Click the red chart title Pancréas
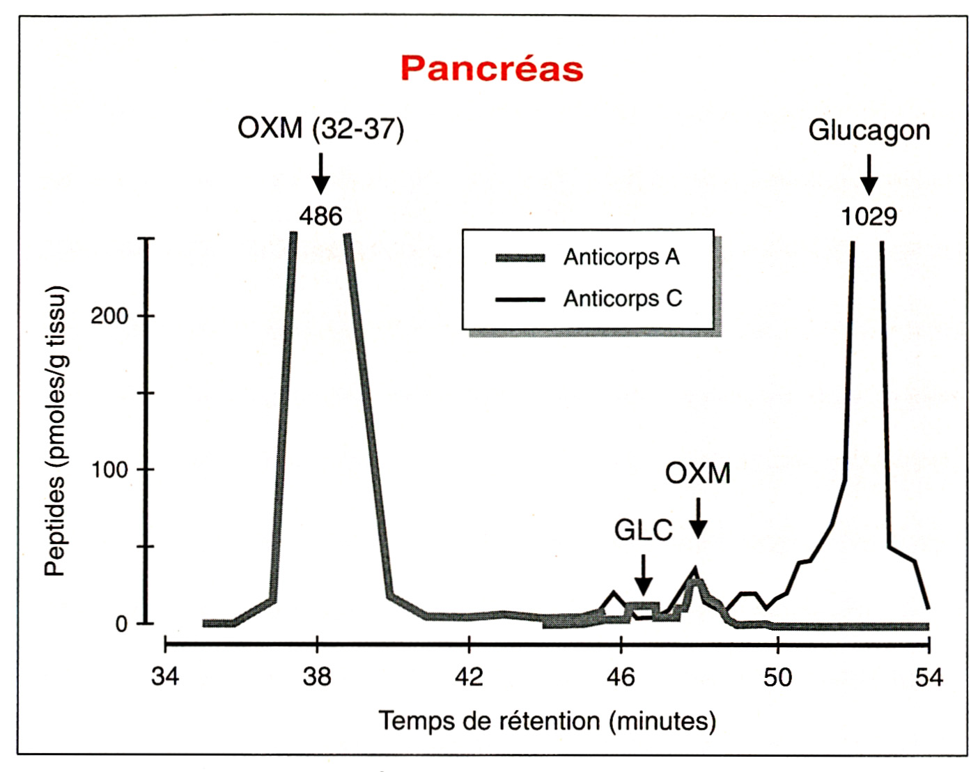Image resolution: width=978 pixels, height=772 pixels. coord(492,69)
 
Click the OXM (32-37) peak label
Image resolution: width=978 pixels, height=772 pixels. coord(320,129)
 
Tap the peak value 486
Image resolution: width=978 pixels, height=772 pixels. coord(320,216)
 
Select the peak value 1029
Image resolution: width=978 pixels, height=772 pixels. coord(869,217)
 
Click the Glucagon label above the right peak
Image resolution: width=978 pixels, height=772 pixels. coord(869,130)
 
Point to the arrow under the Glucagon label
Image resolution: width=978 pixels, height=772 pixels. coord(869,175)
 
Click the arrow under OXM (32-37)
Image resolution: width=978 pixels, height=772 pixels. coord(320,174)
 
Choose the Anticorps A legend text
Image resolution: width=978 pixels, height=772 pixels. coord(621,257)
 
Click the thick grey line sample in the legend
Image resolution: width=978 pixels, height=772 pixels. coord(520,258)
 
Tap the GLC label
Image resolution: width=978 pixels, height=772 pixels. coord(643,531)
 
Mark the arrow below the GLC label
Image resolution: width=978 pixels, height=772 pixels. coord(644,575)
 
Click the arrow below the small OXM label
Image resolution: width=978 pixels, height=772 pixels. coord(698,518)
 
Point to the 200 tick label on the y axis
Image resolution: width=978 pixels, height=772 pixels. coord(109,316)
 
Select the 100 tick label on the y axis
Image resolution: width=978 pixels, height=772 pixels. coord(109,470)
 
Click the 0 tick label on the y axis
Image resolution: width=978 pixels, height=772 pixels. coord(121,624)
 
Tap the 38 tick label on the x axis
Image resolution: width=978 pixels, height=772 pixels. coord(317,677)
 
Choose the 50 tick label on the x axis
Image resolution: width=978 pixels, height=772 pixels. coord(777,677)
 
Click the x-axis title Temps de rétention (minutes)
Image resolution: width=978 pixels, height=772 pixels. coord(547,720)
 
